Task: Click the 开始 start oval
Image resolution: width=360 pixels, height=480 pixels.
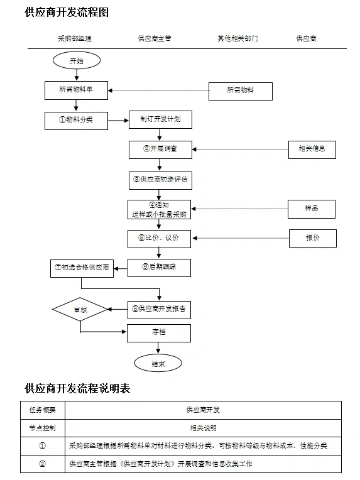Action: coord(76,60)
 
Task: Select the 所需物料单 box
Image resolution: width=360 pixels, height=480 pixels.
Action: coord(76,90)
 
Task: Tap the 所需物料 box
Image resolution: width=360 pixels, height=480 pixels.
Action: coord(241,90)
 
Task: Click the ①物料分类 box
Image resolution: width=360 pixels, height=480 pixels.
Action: coord(76,120)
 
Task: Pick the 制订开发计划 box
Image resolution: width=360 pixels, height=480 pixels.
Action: coord(160,119)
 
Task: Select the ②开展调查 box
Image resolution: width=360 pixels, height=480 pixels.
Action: coord(160,150)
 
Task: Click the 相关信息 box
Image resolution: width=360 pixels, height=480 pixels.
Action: coord(312,150)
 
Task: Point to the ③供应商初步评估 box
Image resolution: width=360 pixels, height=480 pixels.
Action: coord(160,180)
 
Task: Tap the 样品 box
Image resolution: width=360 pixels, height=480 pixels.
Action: coord(312,209)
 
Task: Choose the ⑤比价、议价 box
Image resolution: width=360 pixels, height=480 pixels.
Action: coord(160,238)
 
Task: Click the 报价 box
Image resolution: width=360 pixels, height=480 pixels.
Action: coord(312,238)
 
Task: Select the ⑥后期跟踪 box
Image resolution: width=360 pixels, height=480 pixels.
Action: coord(159,268)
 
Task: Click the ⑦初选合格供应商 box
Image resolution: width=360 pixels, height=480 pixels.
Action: coord(82,268)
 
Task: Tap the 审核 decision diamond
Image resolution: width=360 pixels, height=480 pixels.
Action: coord(80,309)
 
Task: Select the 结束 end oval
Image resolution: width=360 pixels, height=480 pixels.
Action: coord(158,363)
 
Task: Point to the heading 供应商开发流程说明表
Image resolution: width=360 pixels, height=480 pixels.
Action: coord(77,389)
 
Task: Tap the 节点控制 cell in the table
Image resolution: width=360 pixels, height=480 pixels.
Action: coord(43,428)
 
